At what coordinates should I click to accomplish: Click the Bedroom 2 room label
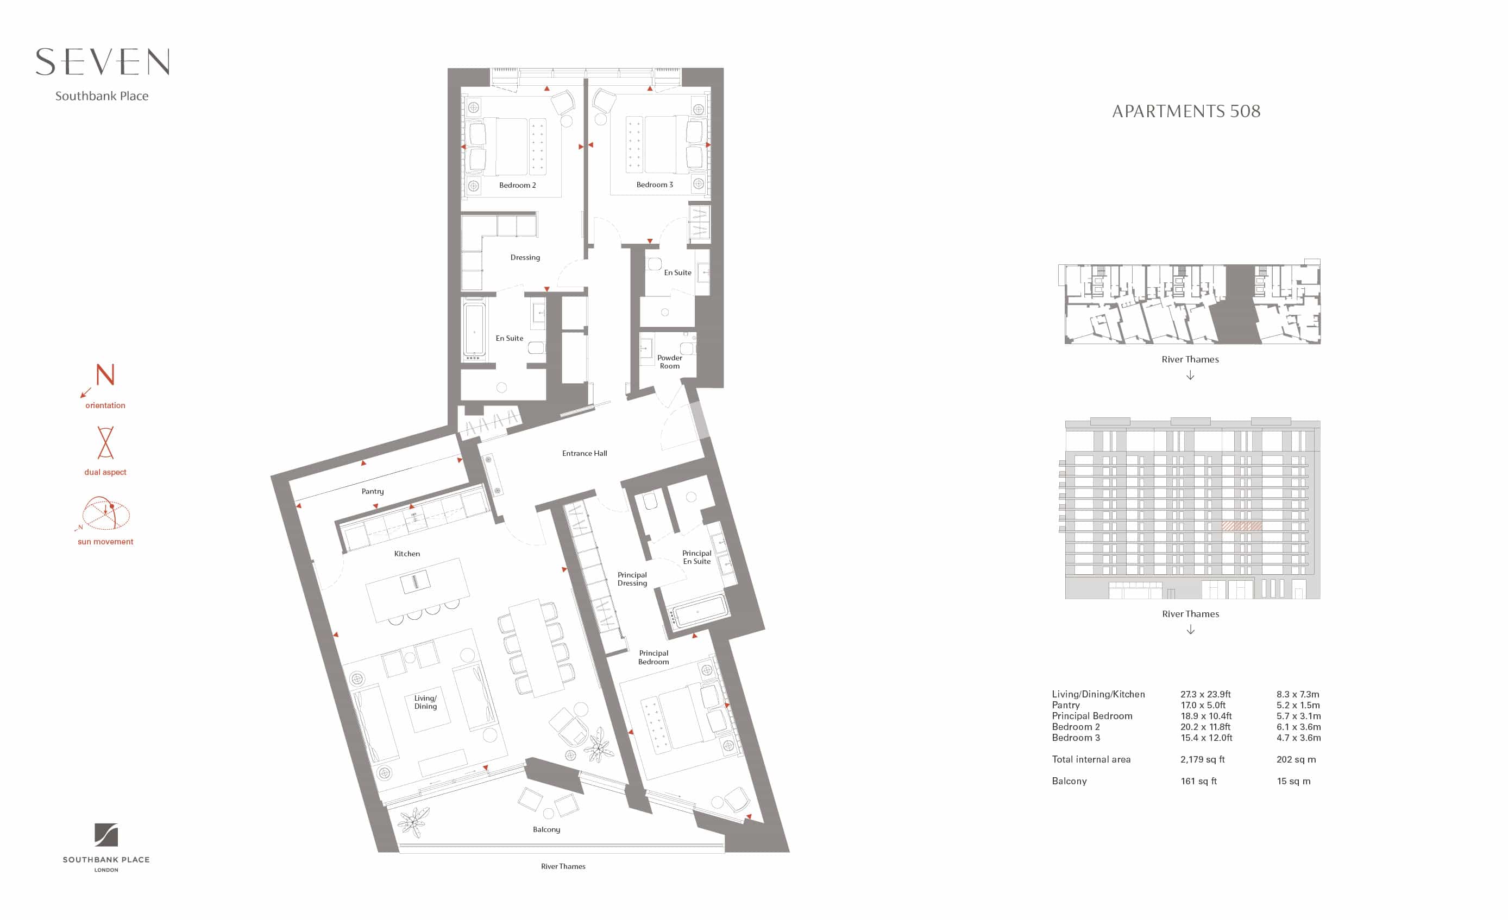[517, 185]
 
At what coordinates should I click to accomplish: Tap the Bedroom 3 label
[654, 184]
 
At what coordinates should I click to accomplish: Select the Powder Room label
[670, 361]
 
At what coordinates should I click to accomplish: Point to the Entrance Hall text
[585, 453]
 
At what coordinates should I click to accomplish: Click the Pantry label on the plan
[373, 491]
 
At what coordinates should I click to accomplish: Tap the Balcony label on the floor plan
[546, 829]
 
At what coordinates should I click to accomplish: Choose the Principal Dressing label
[632, 579]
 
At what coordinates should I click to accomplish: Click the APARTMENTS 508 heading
[1186, 111]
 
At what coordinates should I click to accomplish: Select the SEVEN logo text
[102, 62]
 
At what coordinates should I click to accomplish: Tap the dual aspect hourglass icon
[105, 442]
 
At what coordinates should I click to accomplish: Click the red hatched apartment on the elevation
[1241, 526]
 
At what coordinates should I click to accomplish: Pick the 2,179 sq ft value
[1203, 759]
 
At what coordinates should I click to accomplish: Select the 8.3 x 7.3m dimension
[1297, 694]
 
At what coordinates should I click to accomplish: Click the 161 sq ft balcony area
[1198, 781]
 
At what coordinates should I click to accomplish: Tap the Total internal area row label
[1091, 759]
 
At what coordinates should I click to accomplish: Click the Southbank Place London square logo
[106, 835]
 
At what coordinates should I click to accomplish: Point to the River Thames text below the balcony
[563, 866]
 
